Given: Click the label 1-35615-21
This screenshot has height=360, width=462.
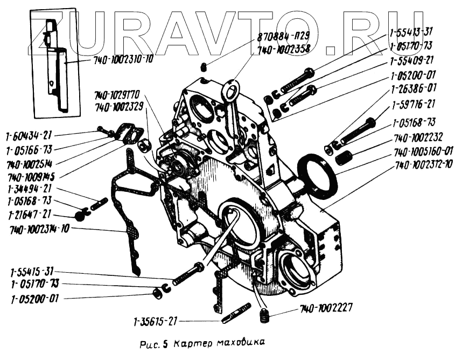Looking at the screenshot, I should click(x=156, y=322).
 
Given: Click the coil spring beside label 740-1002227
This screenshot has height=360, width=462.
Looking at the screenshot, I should click(x=264, y=316).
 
